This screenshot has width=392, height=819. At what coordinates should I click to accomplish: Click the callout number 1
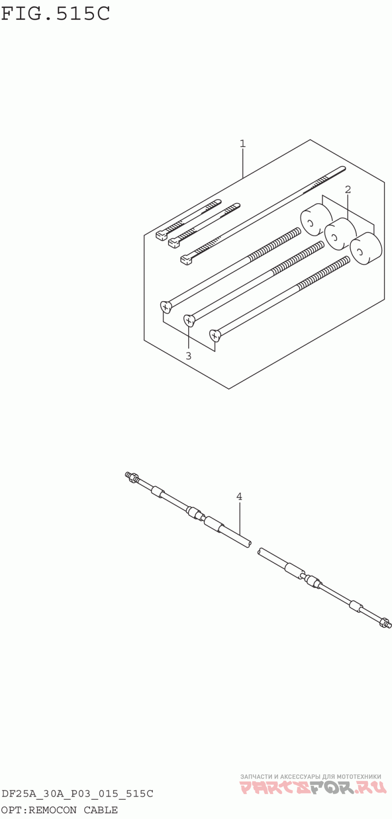(243, 144)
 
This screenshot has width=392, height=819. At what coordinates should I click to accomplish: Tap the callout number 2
(348, 190)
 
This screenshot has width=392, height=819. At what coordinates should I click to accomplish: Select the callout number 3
(188, 356)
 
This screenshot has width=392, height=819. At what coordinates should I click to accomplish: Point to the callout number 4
(239, 496)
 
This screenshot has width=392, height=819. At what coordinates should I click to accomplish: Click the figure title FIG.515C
(55, 14)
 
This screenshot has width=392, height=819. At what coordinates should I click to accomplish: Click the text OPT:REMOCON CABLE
(60, 810)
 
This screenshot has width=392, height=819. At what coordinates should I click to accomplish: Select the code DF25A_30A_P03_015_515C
(77, 794)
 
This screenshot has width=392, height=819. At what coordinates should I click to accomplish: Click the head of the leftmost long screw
(166, 307)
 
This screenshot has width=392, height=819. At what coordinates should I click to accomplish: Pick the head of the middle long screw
(189, 321)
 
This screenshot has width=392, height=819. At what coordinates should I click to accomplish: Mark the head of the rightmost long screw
(215, 335)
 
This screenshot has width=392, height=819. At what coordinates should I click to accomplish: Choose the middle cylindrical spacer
(341, 235)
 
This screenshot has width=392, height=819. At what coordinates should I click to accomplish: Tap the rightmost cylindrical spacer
(366, 249)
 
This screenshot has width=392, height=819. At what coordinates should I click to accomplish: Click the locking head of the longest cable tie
(187, 260)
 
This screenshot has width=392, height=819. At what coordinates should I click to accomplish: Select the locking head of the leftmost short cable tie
(161, 236)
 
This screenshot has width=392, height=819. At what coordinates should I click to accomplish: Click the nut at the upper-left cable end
(134, 477)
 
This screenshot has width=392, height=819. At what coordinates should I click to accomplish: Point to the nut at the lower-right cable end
(385, 622)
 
